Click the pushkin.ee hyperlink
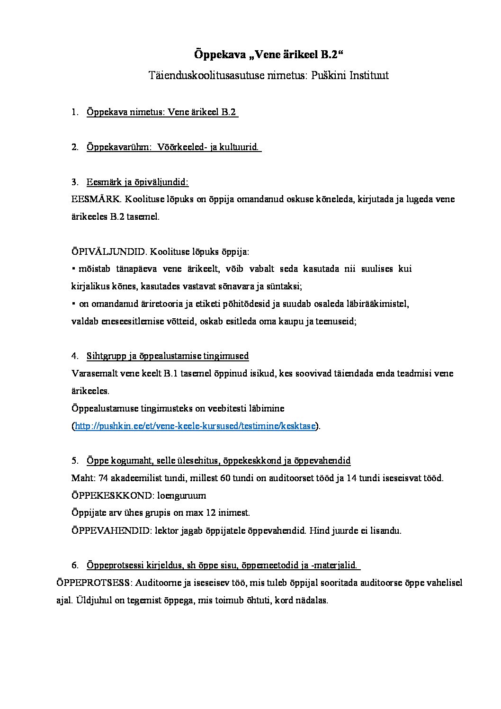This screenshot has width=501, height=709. coord(195,426)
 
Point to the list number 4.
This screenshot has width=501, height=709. coord(74,356)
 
